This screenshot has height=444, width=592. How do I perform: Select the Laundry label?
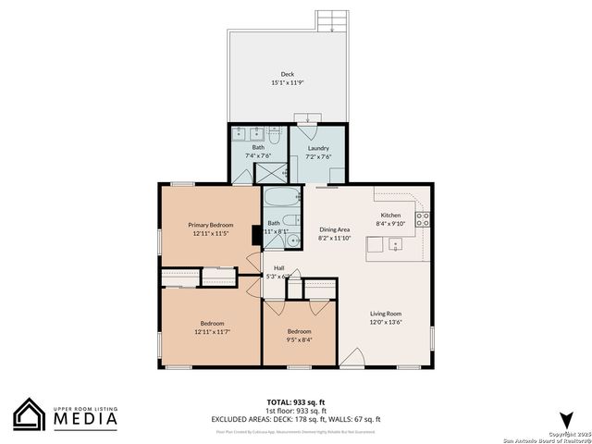318,148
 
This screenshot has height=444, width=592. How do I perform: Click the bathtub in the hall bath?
282,197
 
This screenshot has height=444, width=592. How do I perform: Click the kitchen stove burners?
423,220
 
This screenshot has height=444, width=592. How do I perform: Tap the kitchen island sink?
395,244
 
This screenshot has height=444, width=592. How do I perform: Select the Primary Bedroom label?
211,225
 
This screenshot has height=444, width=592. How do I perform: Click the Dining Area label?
335,228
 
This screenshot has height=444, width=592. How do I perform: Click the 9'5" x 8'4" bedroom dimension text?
299,339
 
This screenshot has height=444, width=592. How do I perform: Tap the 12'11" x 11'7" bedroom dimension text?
212,331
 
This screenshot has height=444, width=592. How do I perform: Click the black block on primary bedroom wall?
254,235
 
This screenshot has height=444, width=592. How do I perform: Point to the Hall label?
278,268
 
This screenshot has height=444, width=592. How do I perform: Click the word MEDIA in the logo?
84,419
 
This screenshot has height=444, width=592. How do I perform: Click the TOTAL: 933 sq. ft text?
296,401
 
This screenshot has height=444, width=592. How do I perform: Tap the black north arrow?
566,418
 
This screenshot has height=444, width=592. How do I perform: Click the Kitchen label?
390,215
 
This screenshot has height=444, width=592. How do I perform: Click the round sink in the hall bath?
293,240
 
